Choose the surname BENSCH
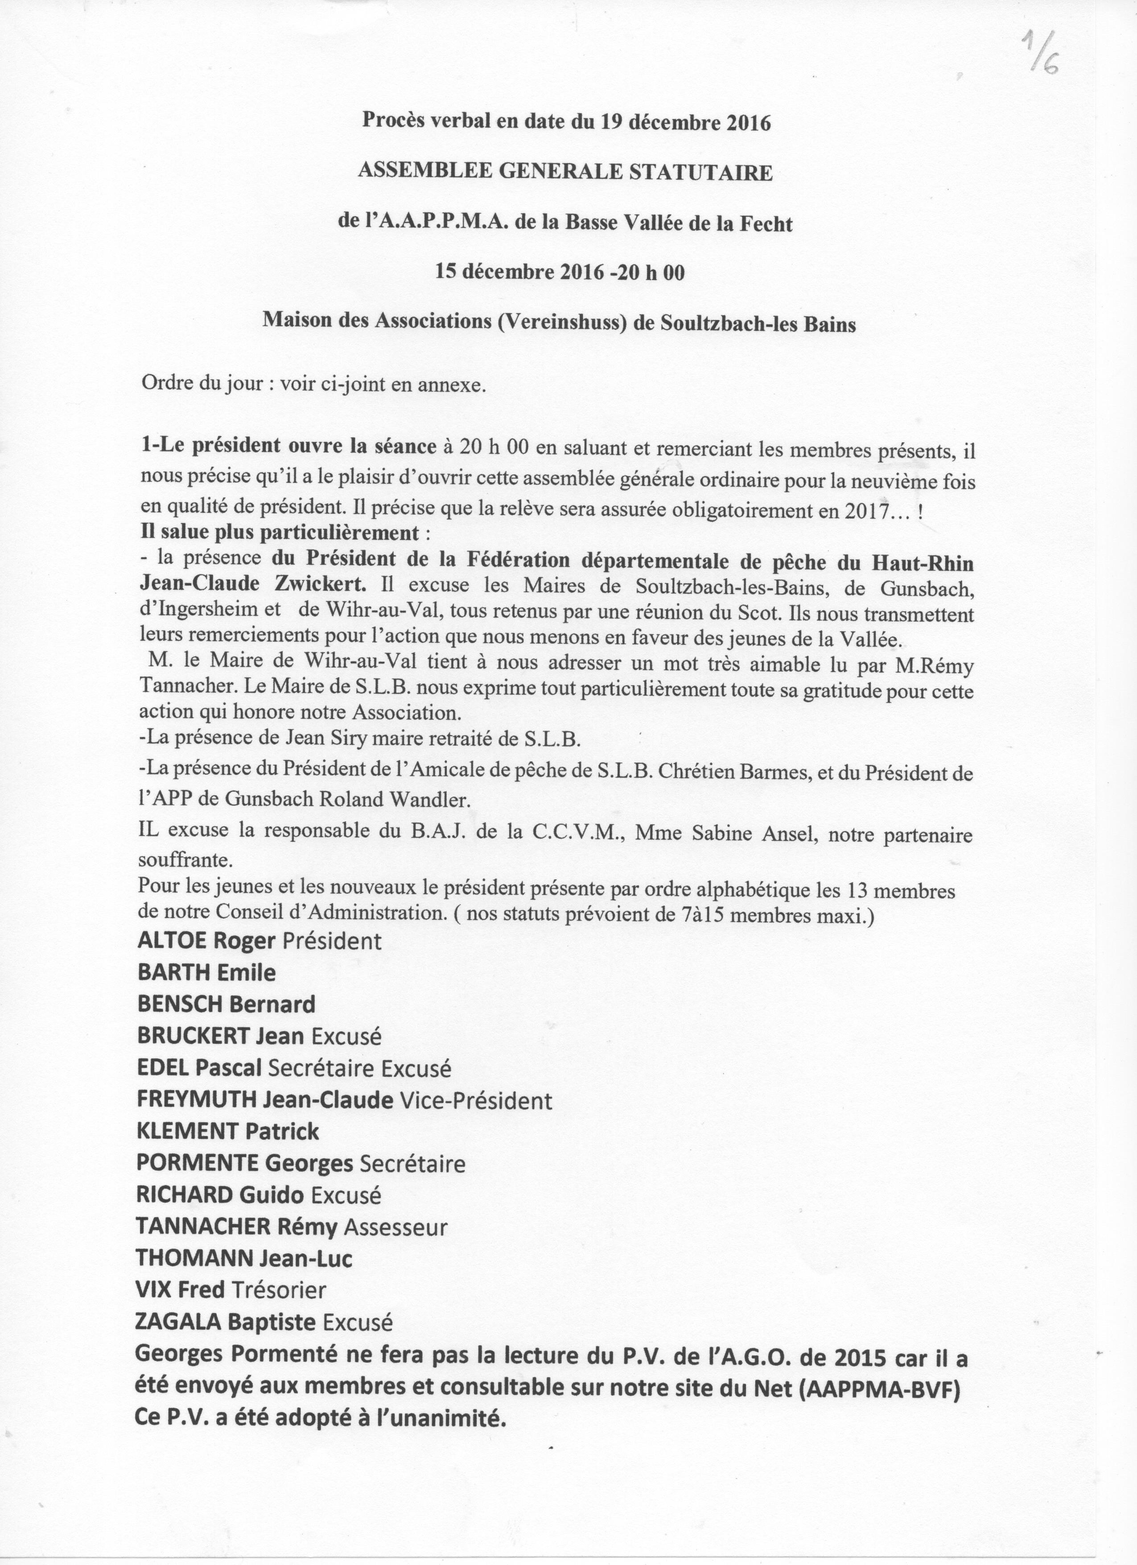point(181,1004)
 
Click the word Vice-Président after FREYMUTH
point(476,1100)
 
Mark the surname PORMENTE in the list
point(199,1163)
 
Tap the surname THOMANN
point(195,1258)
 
